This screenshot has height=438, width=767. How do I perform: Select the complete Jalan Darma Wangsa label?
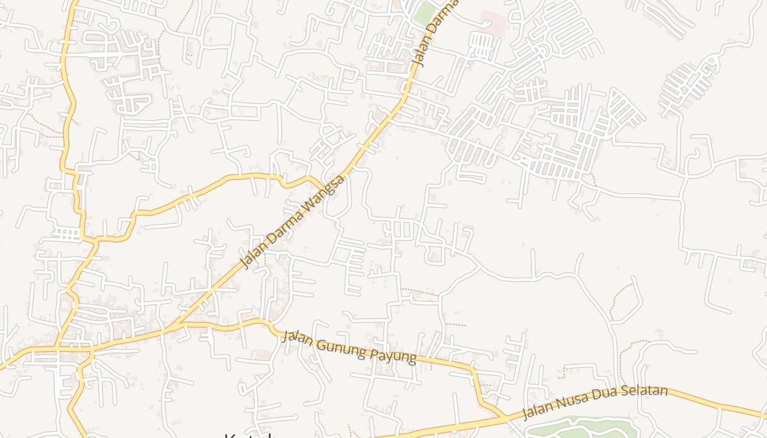294,222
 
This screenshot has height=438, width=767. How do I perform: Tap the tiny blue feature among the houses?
707,68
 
